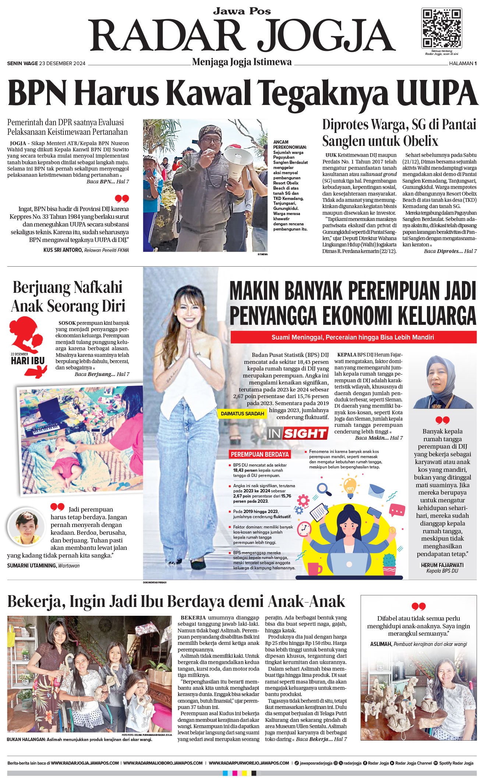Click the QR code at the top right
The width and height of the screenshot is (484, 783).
[441, 28]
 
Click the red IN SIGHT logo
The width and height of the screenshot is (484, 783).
[297, 433]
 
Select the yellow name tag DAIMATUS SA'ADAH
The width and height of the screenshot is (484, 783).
[242, 414]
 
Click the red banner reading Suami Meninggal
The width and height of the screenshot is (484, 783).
[353, 337]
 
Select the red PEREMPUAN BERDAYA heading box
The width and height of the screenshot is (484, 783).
[259, 454]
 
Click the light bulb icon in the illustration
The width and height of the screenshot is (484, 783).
[350, 485]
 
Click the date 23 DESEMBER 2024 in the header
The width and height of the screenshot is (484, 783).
[62, 63]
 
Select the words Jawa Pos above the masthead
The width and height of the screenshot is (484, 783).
[242, 11]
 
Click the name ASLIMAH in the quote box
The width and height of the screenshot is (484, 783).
[381, 644]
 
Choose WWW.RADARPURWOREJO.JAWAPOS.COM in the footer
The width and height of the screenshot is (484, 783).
[249, 763]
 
